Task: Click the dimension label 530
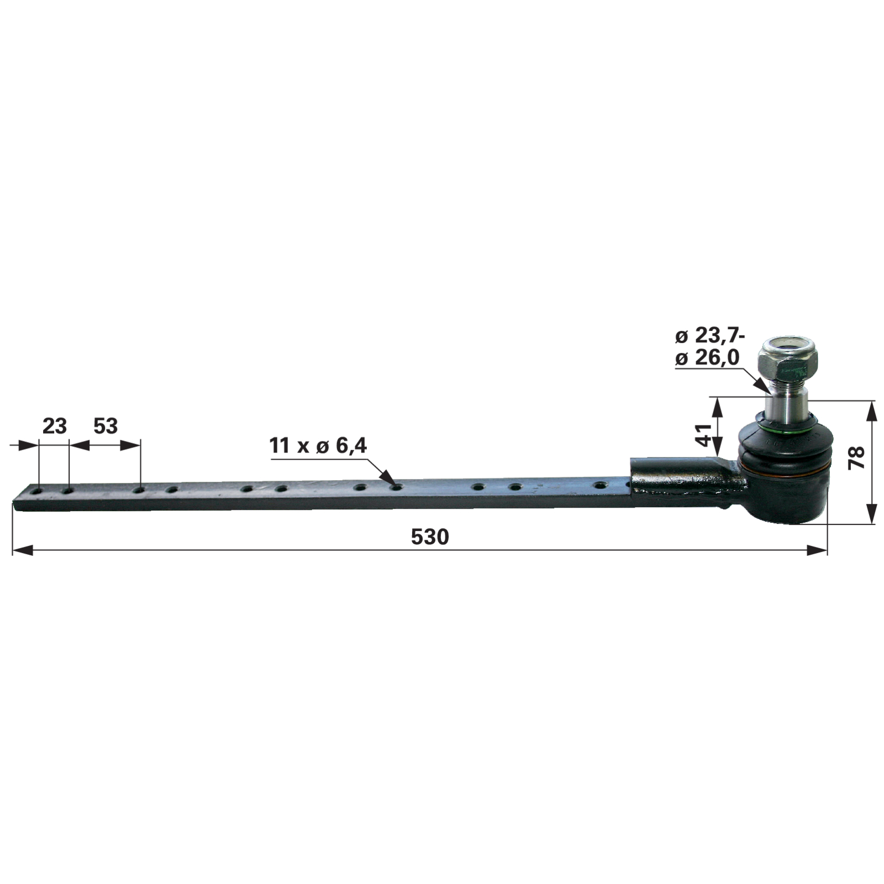point(430,536)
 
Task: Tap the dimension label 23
point(55,426)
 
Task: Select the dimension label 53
point(106,426)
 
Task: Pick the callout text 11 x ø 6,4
point(318,445)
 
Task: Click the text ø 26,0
point(707,357)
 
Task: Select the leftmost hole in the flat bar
point(38,491)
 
